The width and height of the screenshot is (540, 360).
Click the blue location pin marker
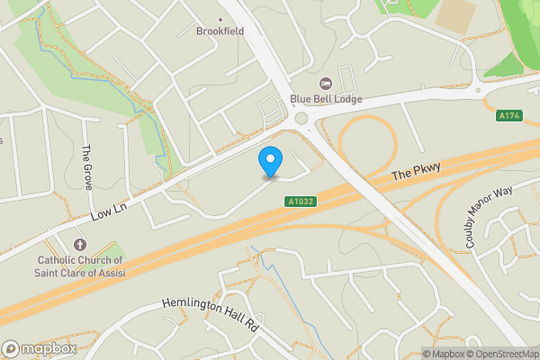[x=270, y=161]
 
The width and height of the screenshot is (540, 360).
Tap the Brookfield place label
[x=220, y=31]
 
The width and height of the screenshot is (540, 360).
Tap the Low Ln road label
[x=110, y=210]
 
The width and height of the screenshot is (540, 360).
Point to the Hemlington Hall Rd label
[x=211, y=315]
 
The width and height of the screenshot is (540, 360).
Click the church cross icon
[x=79, y=245]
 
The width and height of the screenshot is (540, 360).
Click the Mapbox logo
[x=40, y=347]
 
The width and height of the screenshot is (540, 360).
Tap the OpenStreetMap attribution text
[x=502, y=353]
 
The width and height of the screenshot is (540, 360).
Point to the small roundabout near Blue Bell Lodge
[x=301, y=119]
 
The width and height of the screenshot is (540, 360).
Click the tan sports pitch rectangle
[x=456, y=13]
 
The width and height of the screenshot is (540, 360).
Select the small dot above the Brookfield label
[x=220, y=18]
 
